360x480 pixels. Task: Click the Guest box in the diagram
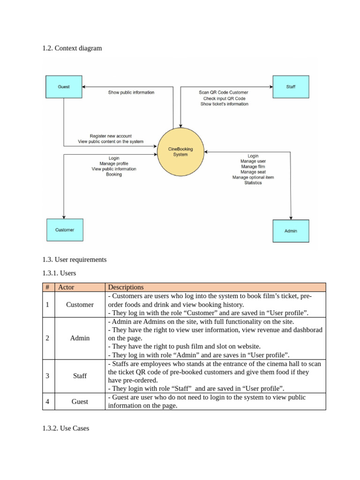coord(64,87)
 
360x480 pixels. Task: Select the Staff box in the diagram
coord(291,87)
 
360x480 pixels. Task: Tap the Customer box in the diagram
coord(65,230)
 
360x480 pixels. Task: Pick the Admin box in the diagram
coord(291,231)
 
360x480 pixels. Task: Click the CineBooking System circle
coord(180,151)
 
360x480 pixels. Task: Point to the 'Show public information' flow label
coord(131,92)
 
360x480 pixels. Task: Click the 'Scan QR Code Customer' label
coord(224,92)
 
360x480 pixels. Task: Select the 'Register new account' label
coord(111,136)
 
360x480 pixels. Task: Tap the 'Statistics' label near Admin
coord(253,183)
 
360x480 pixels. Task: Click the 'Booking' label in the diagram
coord(114,174)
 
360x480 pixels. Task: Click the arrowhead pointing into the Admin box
coord(291,217)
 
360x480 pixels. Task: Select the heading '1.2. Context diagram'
coord(72,48)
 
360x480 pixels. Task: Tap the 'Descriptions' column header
coord(126,287)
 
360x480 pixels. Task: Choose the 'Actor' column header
coord(66,287)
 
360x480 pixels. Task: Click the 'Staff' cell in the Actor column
coord(80,375)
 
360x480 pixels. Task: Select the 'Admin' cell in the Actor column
coord(80,337)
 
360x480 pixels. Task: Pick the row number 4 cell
coord(48,401)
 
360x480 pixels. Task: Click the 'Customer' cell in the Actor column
coord(80,305)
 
